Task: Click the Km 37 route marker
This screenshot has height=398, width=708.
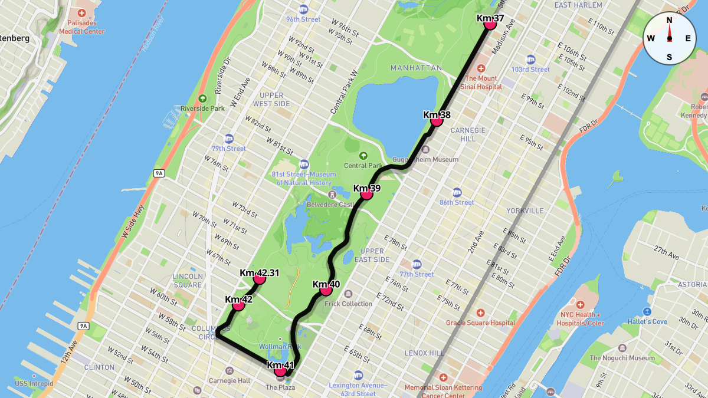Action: pos(489,23)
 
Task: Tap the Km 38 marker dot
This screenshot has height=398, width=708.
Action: pos(437,120)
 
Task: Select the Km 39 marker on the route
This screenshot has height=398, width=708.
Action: pos(366,193)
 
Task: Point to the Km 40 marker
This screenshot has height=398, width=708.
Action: pos(326,290)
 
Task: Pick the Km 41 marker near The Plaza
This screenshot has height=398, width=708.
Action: pos(280,371)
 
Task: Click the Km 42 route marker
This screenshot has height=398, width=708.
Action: pos(238,305)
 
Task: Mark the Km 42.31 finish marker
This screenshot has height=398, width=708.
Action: pos(259,278)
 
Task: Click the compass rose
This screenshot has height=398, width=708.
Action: pos(669,38)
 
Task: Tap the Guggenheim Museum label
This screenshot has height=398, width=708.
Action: pos(432,160)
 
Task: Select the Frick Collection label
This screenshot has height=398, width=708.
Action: pos(348,304)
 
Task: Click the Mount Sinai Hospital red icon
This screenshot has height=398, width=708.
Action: pos(481,68)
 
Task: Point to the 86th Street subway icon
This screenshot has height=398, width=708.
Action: pos(457,193)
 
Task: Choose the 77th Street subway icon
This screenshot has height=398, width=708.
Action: pos(417,264)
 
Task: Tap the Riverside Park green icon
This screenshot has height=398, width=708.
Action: pos(203,98)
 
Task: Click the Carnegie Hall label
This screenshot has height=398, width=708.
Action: pos(230,381)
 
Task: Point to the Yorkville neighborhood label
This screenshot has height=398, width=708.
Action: pos(525,210)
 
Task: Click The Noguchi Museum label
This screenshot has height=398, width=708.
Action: pos(622,358)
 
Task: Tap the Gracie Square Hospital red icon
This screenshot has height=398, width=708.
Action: pos(481,313)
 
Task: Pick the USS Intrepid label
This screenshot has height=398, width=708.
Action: pos(34,383)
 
